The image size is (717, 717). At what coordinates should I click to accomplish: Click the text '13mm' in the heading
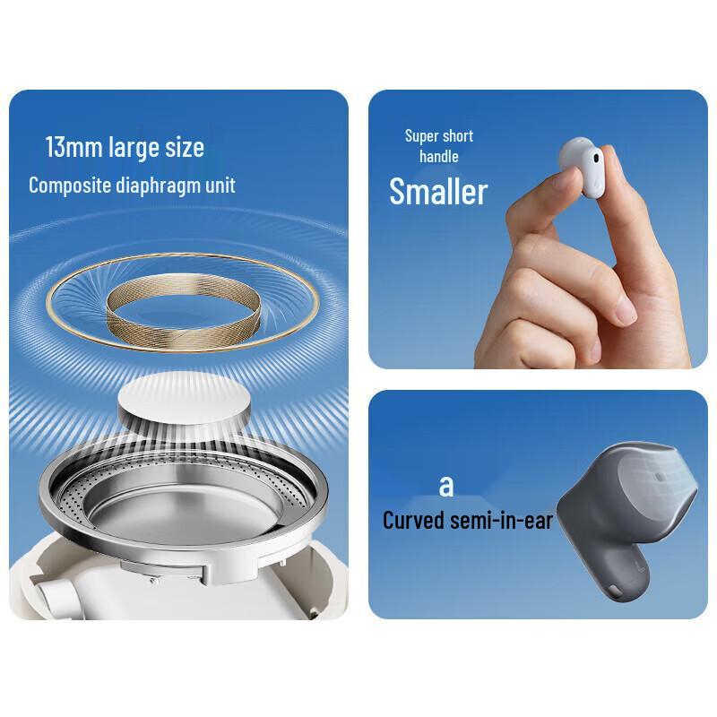coord(73,147)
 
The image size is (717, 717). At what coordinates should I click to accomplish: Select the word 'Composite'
coord(70,186)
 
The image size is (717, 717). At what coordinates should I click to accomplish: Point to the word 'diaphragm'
coord(158,186)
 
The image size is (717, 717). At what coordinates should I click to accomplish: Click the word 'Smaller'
coord(438,191)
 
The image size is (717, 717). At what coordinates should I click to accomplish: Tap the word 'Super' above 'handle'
coord(419,136)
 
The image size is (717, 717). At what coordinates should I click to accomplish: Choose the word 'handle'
coord(439,156)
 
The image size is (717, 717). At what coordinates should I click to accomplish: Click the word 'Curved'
coord(413,521)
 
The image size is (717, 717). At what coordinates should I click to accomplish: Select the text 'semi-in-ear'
coord(501,521)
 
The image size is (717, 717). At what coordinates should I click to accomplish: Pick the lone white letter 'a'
coord(446,487)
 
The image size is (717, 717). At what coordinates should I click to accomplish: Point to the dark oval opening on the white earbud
coord(595,159)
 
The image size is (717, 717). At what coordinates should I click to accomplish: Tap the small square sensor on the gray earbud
coord(660,477)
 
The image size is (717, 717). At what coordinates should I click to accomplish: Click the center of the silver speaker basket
coord(184,507)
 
